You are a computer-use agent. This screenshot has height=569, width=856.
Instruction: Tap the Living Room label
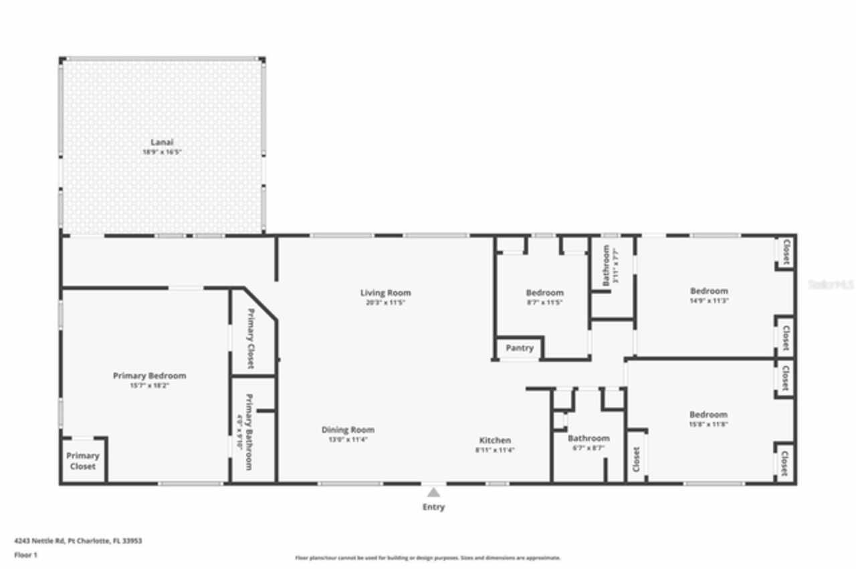(385, 293)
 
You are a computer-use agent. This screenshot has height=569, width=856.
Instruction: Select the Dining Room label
(348, 429)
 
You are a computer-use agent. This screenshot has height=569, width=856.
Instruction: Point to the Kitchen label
(495, 440)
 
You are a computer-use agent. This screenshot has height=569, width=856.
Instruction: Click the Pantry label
(519, 348)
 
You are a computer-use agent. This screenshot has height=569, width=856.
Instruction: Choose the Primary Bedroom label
(149, 375)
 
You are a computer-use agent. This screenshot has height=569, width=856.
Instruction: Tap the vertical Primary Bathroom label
(249, 431)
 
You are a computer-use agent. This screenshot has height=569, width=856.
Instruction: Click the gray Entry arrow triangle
(433, 492)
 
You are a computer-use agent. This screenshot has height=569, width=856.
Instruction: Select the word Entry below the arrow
(433, 507)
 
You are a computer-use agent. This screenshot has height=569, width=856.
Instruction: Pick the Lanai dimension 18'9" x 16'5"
(162, 152)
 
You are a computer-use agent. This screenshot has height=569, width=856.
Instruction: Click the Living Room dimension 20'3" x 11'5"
(385, 303)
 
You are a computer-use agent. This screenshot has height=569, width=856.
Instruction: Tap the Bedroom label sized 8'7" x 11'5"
(544, 293)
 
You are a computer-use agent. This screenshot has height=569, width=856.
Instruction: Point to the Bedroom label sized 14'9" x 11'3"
(709, 291)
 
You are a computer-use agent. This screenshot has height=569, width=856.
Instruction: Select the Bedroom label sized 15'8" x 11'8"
(708, 414)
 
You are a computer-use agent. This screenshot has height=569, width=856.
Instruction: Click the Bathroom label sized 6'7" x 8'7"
(588, 438)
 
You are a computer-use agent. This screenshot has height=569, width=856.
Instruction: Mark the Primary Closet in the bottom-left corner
(83, 461)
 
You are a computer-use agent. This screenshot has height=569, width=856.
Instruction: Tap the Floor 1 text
(25, 554)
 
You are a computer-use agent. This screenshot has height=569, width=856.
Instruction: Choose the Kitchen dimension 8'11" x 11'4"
(495, 450)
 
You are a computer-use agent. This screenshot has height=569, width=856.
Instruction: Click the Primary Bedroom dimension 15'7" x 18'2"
(149, 385)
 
